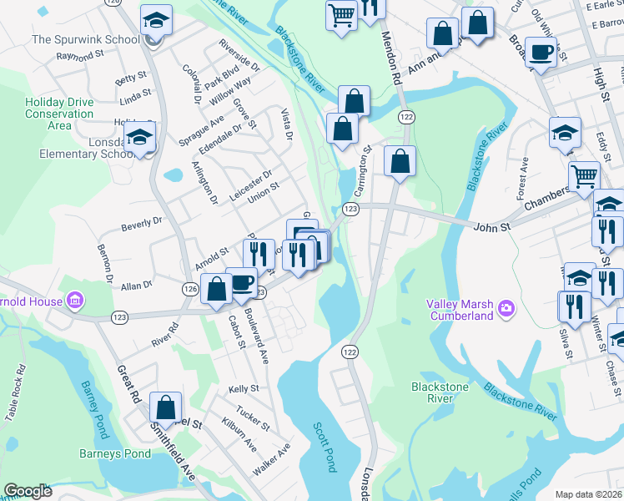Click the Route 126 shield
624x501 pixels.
click(189, 288)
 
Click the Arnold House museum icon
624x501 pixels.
click(74, 299)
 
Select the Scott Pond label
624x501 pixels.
click(324, 447)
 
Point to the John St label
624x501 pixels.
click(491, 225)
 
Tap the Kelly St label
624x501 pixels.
click(244, 389)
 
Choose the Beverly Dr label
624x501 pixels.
click(141, 224)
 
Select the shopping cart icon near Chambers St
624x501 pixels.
click(584, 175)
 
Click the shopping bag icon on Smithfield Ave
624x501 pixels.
click(166, 407)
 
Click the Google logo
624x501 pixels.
click(28, 491)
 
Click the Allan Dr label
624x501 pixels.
click(137, 286)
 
